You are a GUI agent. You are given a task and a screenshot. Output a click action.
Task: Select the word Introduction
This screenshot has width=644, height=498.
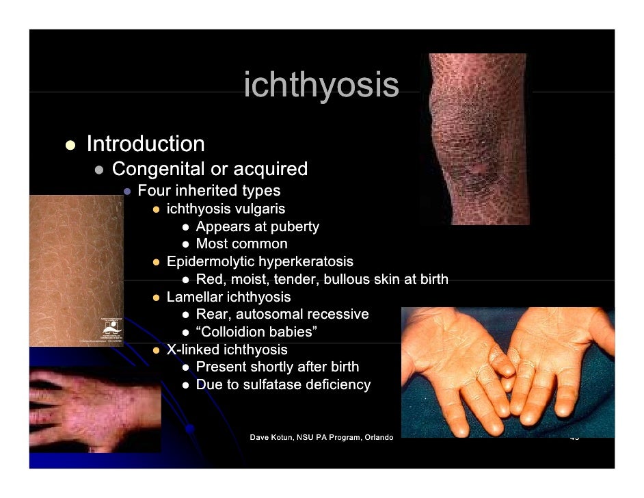[x=145, y=144]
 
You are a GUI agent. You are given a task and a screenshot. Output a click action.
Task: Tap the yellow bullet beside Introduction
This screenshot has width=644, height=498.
[x=70, y=145]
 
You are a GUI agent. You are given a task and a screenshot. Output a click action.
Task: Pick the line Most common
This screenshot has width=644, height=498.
[x=241, y=244]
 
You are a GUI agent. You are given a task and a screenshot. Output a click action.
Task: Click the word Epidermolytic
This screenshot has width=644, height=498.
[x=210, y=262]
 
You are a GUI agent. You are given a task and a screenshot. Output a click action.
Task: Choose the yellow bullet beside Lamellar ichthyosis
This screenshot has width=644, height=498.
[x=157, y=298]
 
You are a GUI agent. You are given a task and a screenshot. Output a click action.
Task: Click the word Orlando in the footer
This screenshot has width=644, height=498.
[x=378, y=437]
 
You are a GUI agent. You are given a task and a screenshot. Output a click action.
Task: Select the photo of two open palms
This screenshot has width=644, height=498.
[x=507, y=372]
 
